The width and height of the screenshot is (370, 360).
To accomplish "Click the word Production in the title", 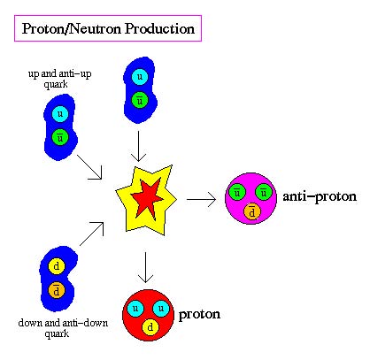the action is (x=159, y=29).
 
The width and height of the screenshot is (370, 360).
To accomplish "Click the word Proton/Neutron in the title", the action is (x=72, y=29).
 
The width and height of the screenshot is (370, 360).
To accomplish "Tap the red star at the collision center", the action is (x=147, y=198).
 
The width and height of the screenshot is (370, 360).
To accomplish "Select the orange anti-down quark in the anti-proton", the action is (x=252, y=211).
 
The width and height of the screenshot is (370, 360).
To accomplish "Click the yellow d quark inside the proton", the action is (x=150, y=327).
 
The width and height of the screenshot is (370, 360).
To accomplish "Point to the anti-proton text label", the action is (x=320, y=197).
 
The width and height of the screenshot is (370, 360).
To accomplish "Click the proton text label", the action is (x=199, y=315).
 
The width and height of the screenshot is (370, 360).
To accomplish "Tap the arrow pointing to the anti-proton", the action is (x=201, y=199).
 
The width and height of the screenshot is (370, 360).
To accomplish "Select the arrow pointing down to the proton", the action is (x=145, y=267).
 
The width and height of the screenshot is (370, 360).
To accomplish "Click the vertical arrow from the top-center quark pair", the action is (x=138, y=146).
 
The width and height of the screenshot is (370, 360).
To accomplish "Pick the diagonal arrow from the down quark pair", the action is (x=92, y=234).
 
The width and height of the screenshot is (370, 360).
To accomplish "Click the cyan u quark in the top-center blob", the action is (x=140, y=77).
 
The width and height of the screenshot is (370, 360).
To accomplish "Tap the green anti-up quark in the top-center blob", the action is (x=140, y=100).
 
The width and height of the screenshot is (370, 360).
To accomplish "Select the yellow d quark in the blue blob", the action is (x=57, y=266).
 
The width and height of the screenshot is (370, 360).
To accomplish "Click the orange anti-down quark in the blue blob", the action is (x=57, y=290).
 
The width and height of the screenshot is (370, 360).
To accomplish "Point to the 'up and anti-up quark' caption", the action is (x=60, y=79).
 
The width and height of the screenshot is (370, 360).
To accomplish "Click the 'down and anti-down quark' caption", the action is (x=63, y=328).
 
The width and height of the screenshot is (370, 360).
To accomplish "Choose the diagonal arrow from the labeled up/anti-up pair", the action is (x=89, y=167).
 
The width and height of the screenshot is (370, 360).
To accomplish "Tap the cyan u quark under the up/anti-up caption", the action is (x=60, y=114).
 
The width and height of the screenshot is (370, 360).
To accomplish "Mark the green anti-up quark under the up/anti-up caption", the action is (x=60, y=137).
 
